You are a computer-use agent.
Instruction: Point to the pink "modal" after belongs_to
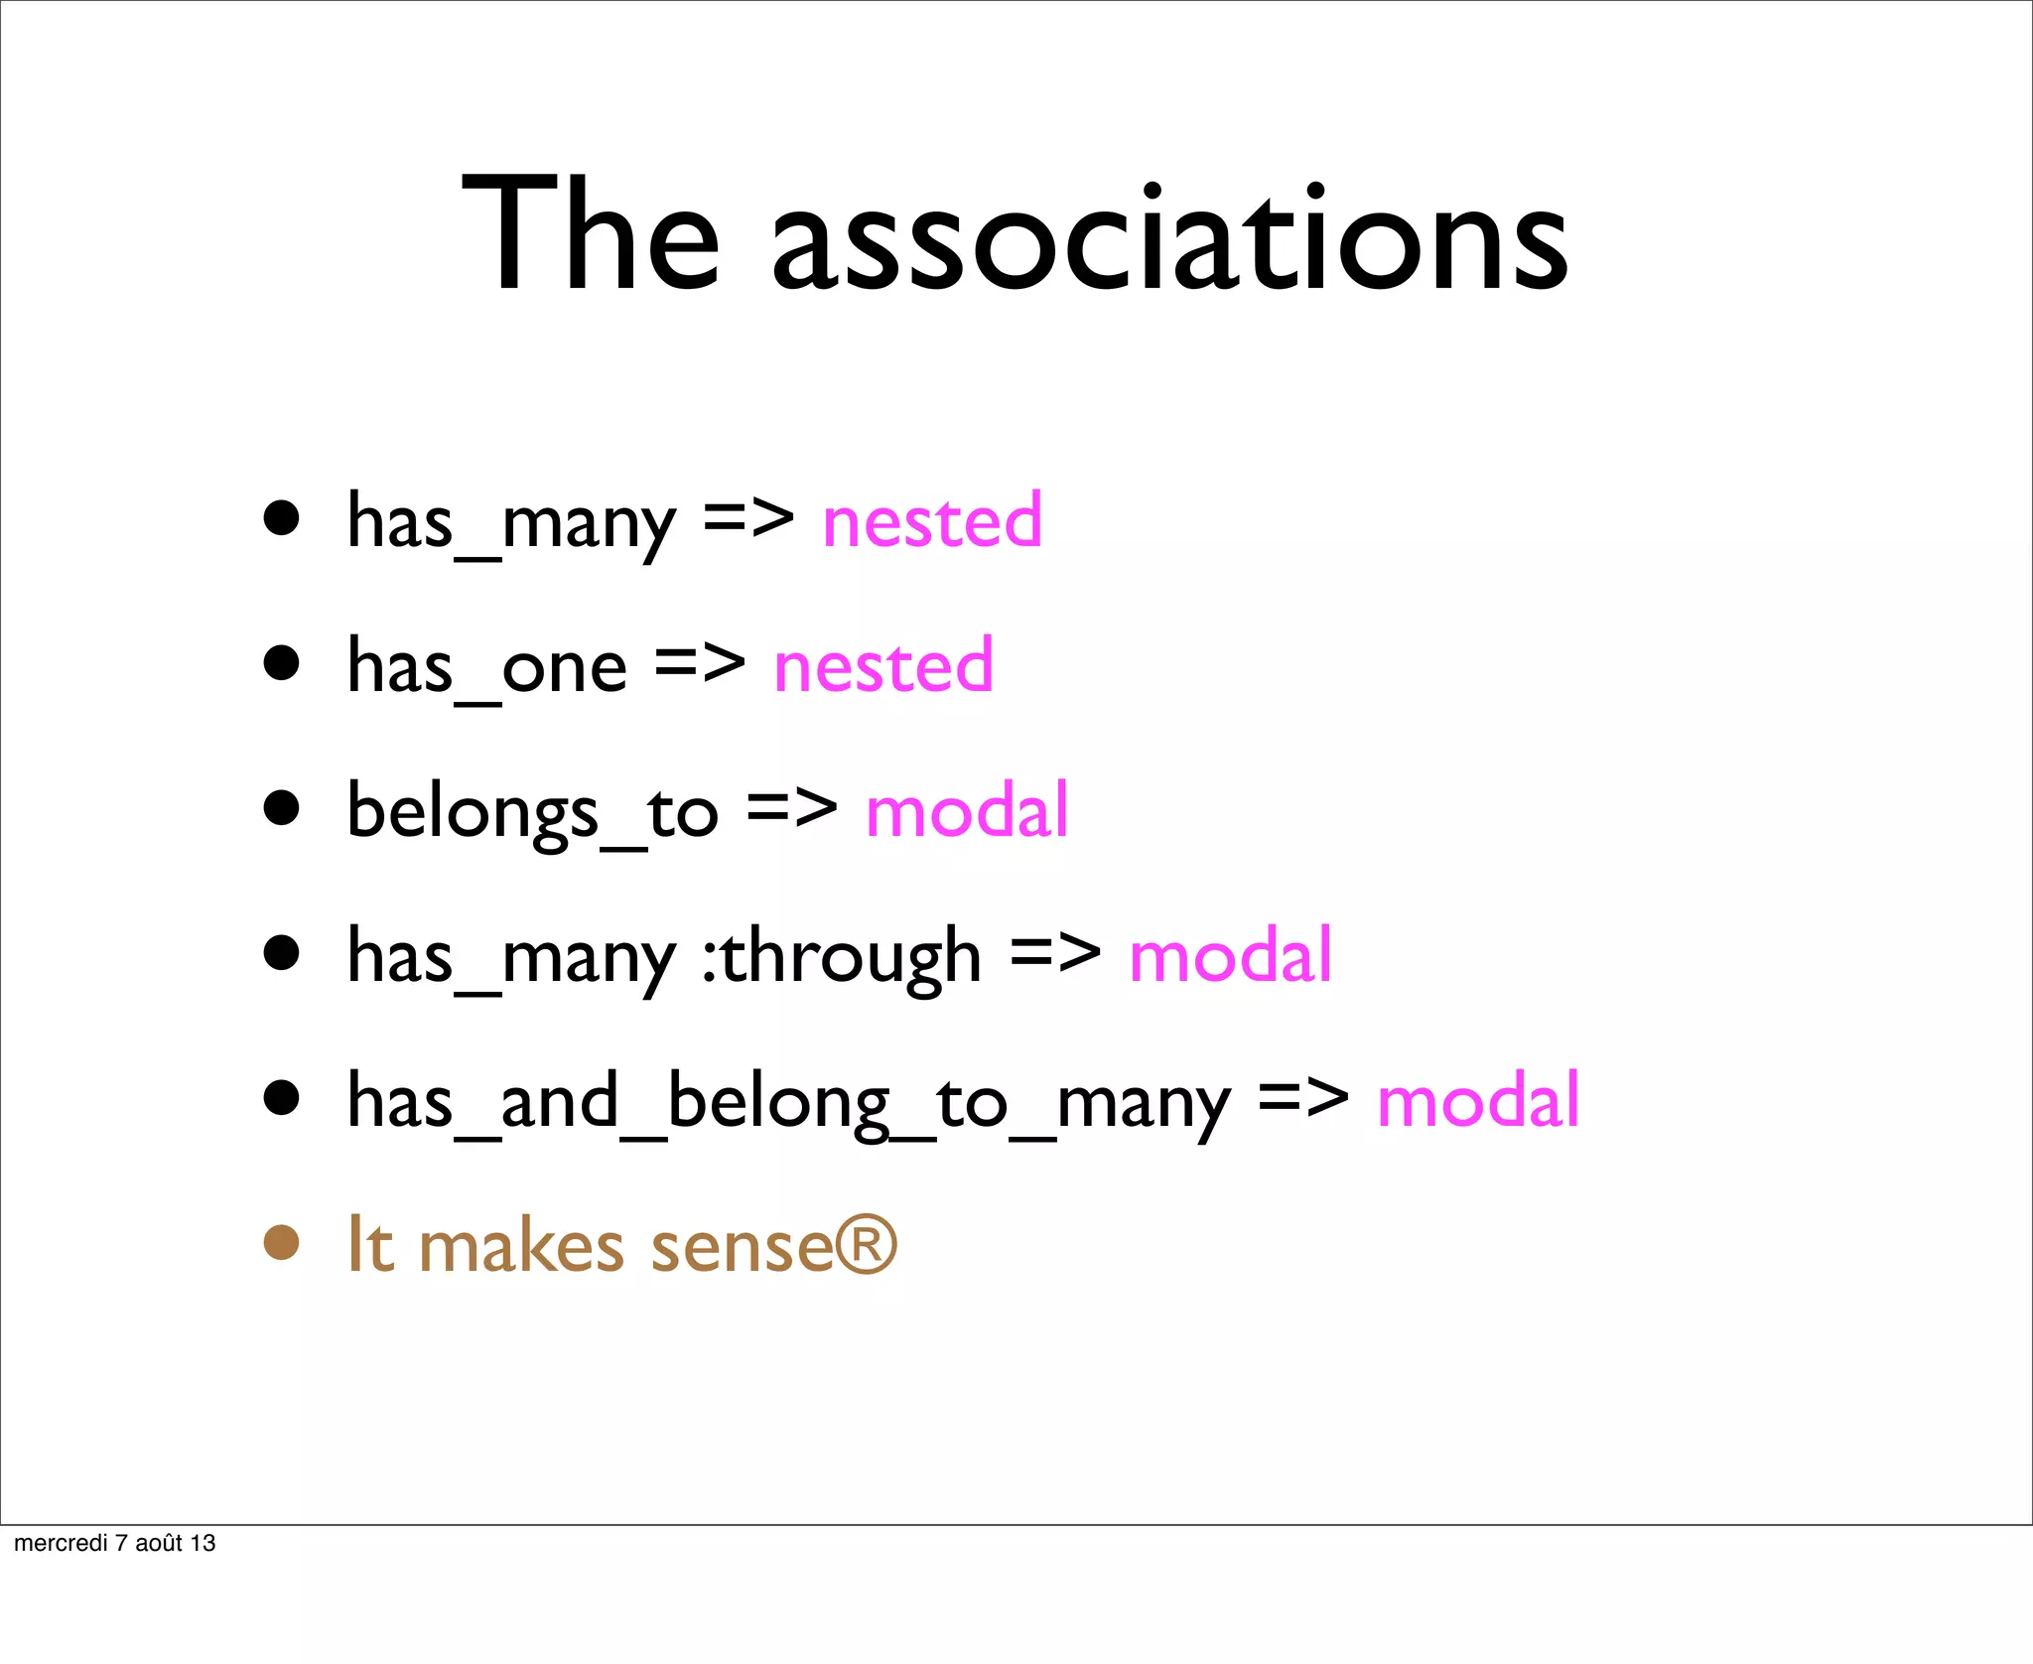pyautogui.click(x=967, y=810)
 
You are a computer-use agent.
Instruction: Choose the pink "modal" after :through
pyautogui.click(x=1230, y=955)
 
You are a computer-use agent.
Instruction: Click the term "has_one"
pyautogui.click(x=486, y=667)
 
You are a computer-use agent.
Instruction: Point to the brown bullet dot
pyautogui.click(x=282, y=1242)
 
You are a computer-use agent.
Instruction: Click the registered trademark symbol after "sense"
pyautogui.click(x=867, y=1244)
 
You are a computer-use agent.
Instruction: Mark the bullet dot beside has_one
pyautogui.click(x=282, y=662)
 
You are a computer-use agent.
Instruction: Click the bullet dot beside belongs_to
pyautogui.click(x=282, y=807)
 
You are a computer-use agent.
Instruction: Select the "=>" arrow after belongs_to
pyautogui.click(x=791, y=808)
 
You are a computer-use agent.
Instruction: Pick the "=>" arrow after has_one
pyautogui.click(x=700, y=663)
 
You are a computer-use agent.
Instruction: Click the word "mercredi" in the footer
pyautogui.click(x=61, y=1543)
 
